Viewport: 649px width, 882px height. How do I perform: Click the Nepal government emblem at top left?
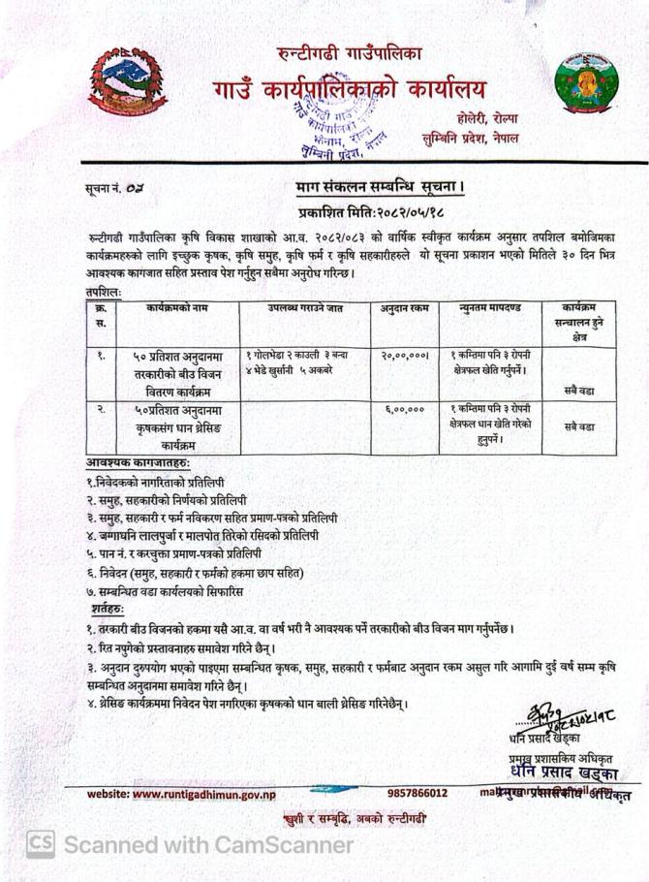(x=114, y=83)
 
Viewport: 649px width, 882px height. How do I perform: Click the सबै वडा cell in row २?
(x=580, y=426)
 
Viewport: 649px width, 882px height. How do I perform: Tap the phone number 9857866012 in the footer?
(x=417, y=793)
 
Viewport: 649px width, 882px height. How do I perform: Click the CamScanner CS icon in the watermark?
(x=40, y=844)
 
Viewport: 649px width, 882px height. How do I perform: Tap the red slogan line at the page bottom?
(x=357, y=820)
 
